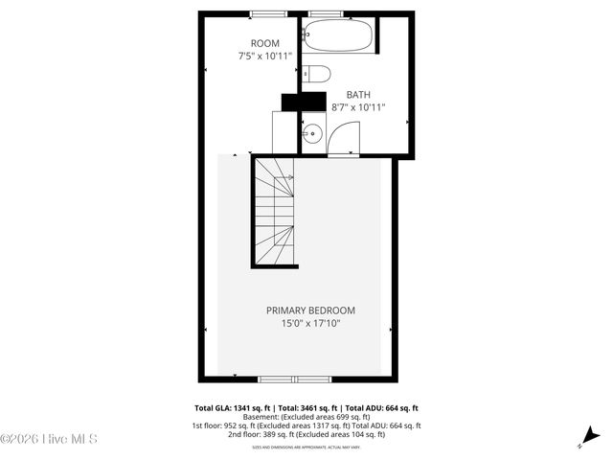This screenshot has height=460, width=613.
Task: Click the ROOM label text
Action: (x=265, y=43)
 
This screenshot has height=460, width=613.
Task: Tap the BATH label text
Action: (x=358, y=94)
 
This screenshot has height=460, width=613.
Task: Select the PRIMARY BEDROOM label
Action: (x=310, y=310)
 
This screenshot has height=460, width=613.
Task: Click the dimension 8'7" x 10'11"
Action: (x=358, y=107)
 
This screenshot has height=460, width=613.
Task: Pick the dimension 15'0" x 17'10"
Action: (x=310, y=324)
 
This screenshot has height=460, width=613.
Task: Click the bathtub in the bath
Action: (x=336, y=37)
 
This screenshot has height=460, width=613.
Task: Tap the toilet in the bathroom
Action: (x=317, y=74)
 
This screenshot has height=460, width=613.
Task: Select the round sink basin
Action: (x=312, y=134)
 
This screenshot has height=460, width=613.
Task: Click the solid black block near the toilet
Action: (x=298, y=102)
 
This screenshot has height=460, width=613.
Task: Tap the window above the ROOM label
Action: (x=269, y=13)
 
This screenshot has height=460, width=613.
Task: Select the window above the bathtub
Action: (x=326, y=13)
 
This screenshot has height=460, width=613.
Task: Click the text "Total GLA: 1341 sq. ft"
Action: (x=233, y=408)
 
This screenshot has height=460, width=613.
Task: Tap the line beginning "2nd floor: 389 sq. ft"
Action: (x=306, y=434)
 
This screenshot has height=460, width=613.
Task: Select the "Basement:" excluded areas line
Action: (x=306, y=417)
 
